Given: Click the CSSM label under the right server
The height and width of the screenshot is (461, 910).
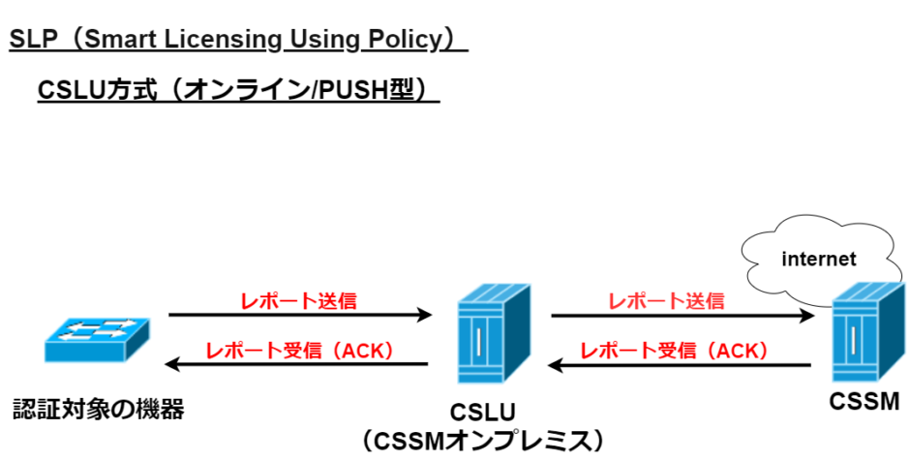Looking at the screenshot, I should tap(864, 401).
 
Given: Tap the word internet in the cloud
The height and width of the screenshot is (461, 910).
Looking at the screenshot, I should tap(819, 259).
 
